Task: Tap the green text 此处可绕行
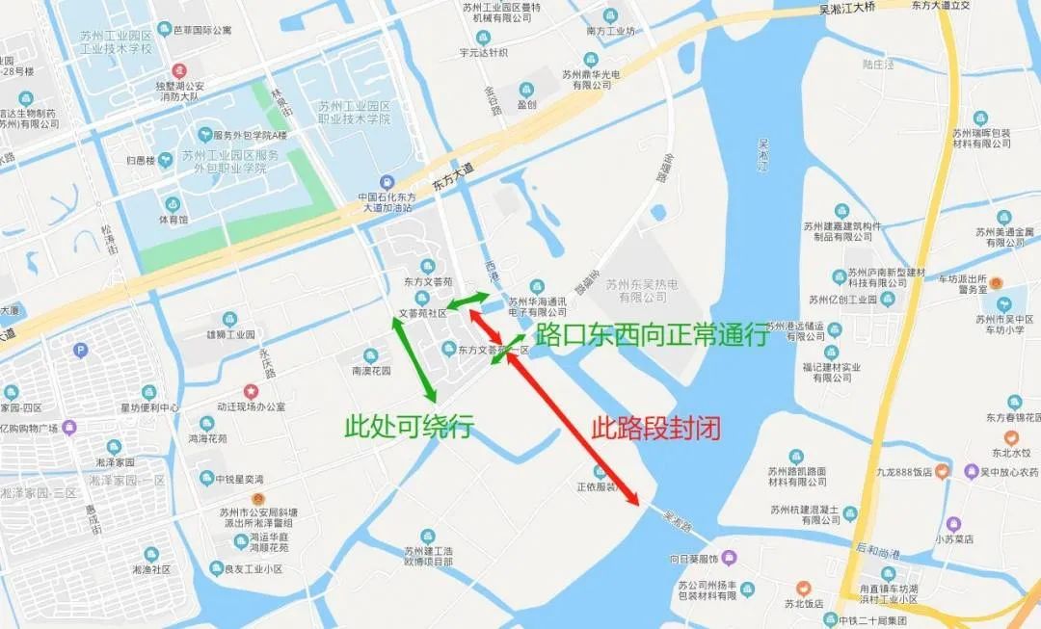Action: (410, 426)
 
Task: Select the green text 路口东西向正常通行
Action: (652, 334)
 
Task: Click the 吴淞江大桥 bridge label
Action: (860, 10)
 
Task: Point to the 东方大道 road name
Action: (453, 174)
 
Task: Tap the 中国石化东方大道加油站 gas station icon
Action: (387, 181)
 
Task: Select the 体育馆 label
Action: (173, 220)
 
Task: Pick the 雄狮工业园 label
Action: (229, 334)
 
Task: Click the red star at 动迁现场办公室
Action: (251, 391)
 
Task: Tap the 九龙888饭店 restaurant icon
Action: (944, 471)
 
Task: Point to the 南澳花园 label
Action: (371, 370)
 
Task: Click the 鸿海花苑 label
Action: (207, 437)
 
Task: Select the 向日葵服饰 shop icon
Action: (730, 558)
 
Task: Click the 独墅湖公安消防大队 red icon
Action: (178, 71)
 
